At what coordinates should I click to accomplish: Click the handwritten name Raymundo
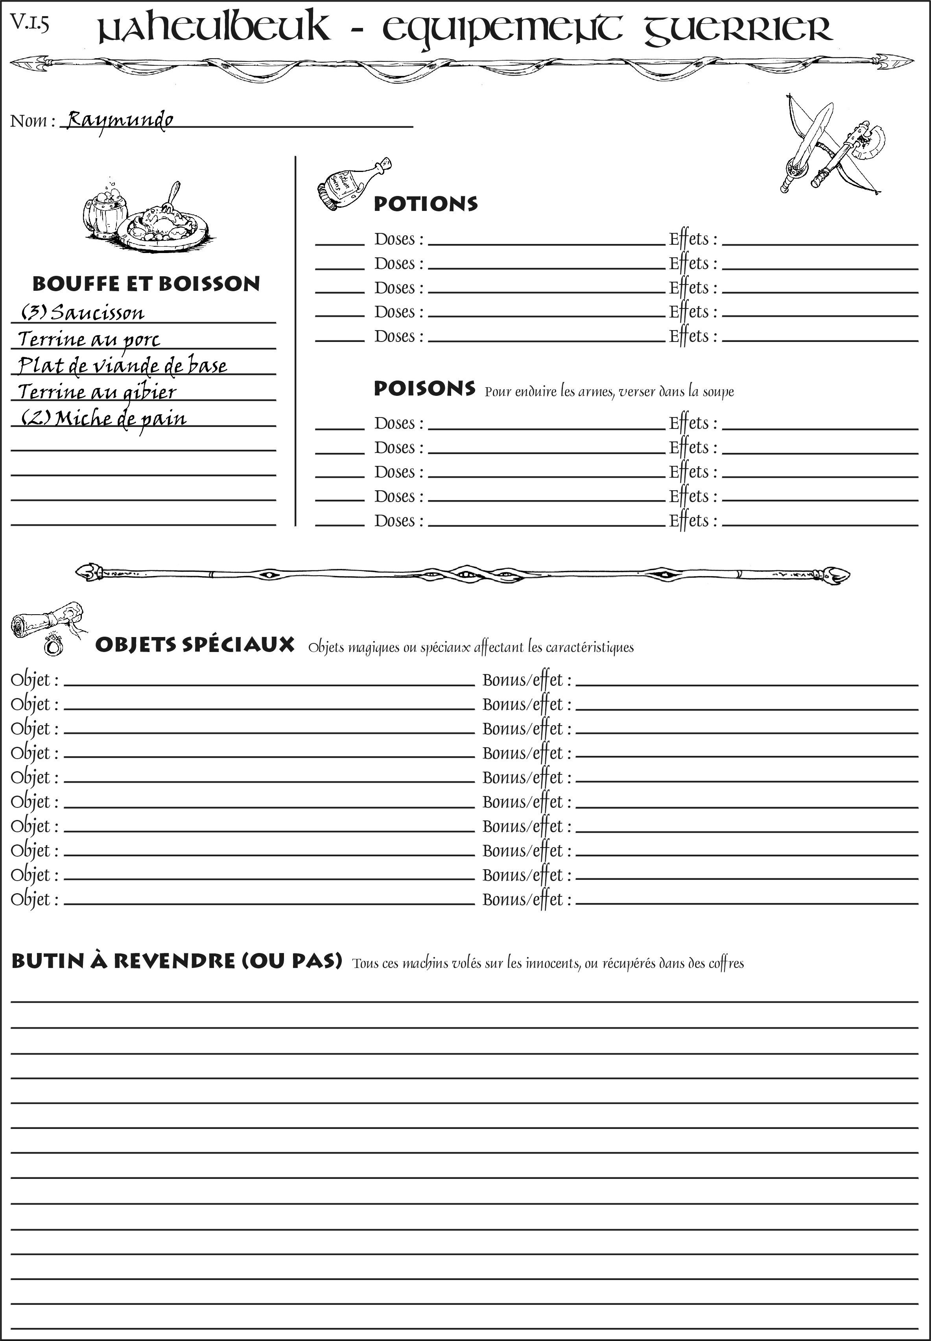click(x=120, y=120)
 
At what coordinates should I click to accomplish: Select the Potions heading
click(x=425, y=204)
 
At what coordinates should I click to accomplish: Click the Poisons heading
click(x=424, y=389)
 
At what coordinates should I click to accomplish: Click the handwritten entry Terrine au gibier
click(x=97, y=392)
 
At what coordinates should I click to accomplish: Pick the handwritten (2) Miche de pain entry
click(x=104, y=418)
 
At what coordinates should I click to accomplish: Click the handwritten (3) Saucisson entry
click(x=83, y=313)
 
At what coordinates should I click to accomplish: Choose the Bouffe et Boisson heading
click(x=146, y=284)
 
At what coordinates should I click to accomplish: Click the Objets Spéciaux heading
click(x=194, y=645)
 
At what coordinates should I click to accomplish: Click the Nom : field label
click(x=33, y=121)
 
